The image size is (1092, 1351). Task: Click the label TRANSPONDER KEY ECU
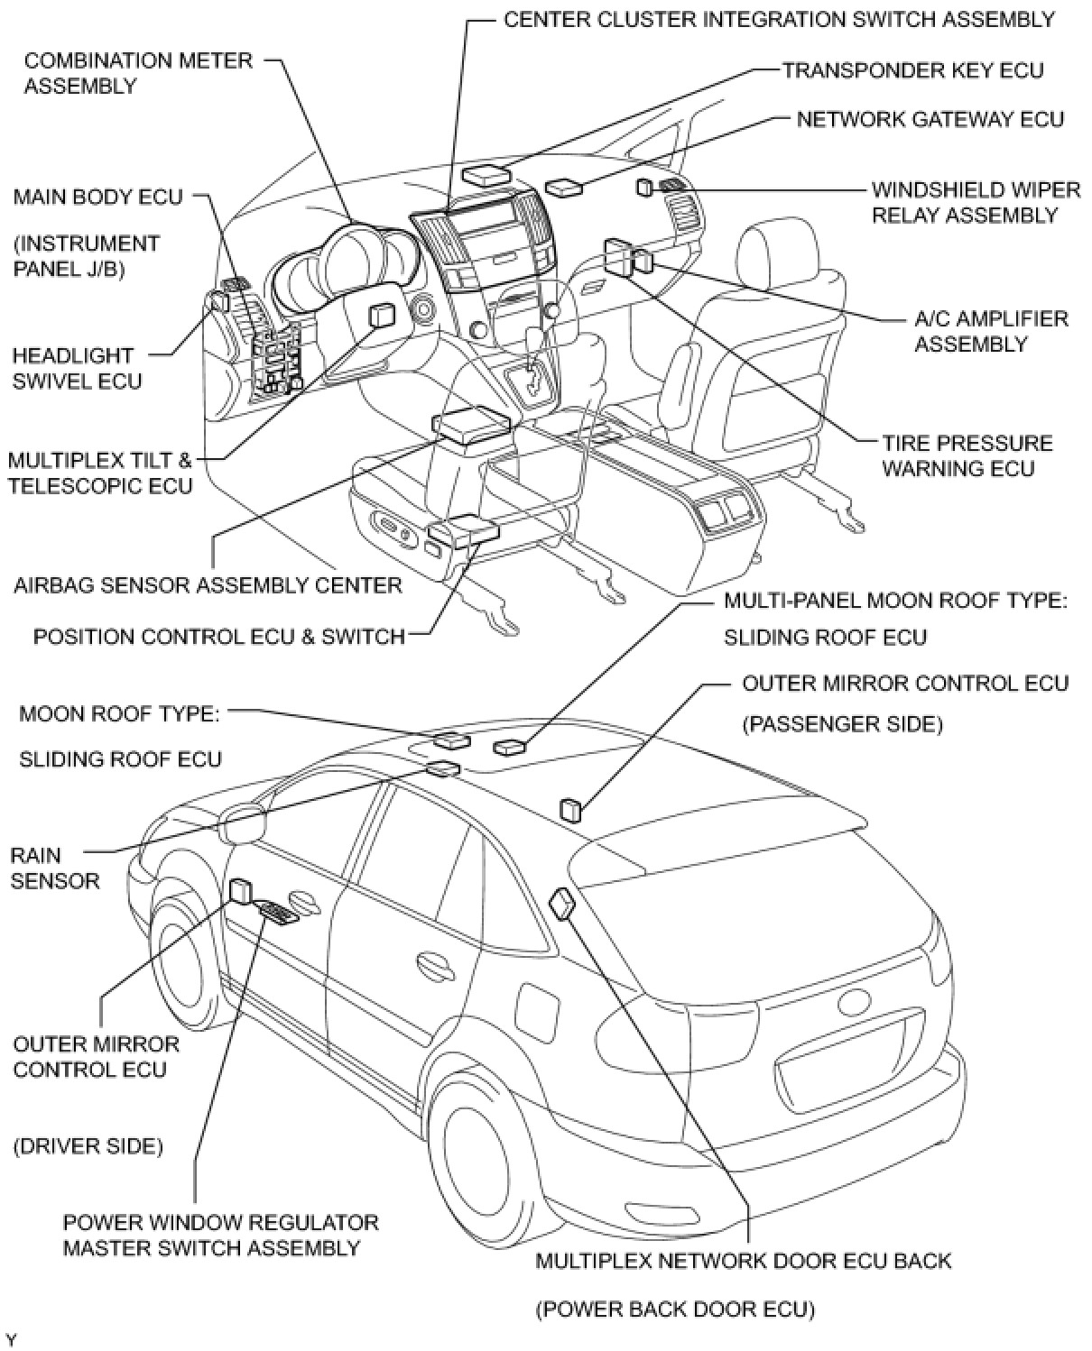(912, 70)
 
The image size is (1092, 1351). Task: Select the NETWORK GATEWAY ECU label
(930, 119)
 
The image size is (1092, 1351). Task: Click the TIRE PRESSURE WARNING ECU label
(967, 455)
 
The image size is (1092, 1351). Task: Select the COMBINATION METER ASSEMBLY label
(138, 73)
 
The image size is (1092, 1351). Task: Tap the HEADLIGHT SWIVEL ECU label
(77, 368)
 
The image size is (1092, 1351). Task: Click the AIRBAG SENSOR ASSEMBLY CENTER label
(208, 585)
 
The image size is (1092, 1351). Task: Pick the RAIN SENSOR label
(54, 868)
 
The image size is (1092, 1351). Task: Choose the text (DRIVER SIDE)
(88, 1146)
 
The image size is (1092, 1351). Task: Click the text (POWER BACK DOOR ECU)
(675, 1309)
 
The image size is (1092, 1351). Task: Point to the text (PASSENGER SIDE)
(842, 724)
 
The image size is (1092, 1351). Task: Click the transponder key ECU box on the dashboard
(485, 175)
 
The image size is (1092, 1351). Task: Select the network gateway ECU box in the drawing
(564, 187)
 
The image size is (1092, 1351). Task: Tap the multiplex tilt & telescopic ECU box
(383, 315)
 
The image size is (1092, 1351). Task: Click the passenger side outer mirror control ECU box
(571, 809)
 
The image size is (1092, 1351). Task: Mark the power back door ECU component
(561, 902)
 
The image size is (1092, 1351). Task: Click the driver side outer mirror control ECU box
(241, 891)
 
